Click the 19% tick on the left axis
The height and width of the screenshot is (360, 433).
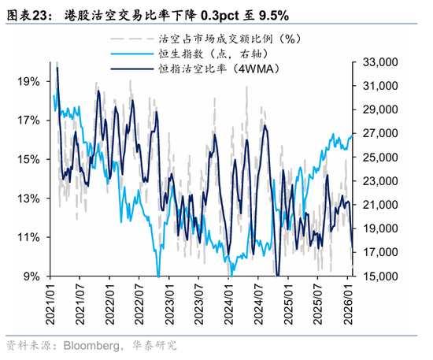30,81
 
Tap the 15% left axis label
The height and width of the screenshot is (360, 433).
30,159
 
